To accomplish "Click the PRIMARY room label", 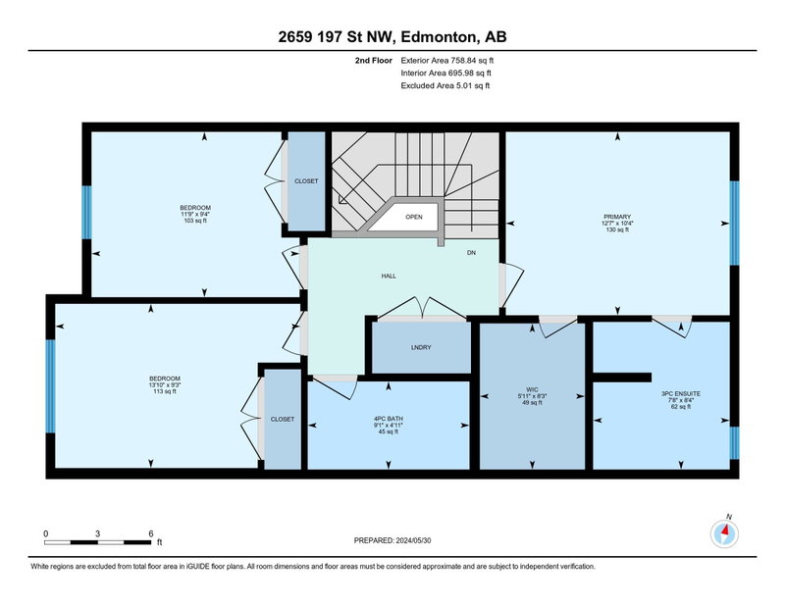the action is click(617, 217).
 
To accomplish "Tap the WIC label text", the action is click(532, 389).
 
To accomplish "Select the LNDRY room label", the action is click(421, 347).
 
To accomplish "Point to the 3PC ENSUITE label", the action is click(681, 394).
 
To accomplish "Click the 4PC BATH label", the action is click(388, 419).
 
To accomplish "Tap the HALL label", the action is click(389, 276).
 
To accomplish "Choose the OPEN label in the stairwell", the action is click(414, 217).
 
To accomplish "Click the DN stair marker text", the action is click(471, 253).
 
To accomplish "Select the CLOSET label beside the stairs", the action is click(306, 181).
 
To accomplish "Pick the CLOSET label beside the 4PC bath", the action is click(283, 420).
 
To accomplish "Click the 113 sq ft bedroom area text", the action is click(165, 391).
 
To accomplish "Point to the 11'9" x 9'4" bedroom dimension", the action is click(195, 214).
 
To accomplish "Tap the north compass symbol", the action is click(724, 533).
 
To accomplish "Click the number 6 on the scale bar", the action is click(151, 534).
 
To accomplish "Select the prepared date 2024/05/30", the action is click(413, 540).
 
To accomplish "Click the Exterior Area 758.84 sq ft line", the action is click(447, 61).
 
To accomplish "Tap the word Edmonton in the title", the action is click(438, 37).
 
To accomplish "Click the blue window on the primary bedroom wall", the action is click(734, 224).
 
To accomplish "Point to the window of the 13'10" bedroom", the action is click(50, 386).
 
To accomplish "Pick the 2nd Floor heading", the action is click(374, 61).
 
